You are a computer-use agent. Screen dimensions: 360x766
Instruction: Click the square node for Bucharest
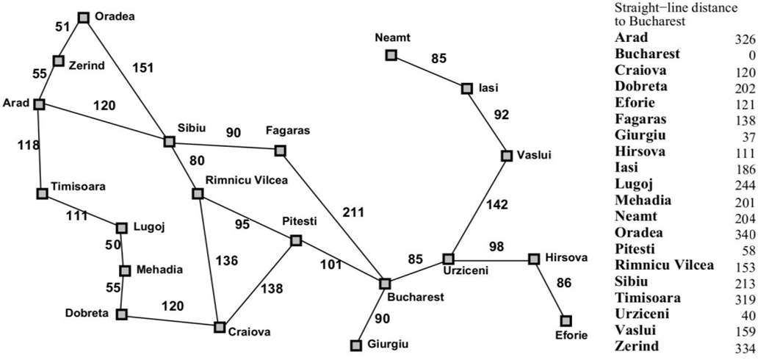[384, 283]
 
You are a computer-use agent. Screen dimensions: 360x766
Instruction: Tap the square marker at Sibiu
[170, 141]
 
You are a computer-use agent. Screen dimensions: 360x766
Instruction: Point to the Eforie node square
[566, 320]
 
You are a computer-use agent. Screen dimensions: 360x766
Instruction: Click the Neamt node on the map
[391, 54]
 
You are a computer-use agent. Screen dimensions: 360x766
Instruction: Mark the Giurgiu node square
[356, 345]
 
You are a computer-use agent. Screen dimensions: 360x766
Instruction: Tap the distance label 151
[143, 68]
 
